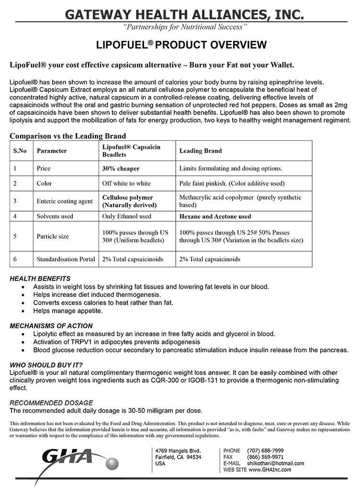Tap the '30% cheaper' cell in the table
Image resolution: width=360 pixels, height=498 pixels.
121,169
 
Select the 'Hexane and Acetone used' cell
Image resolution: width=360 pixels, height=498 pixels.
215,216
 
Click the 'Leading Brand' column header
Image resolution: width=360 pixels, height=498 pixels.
200,151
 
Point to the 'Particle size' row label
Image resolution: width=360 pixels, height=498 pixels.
53,237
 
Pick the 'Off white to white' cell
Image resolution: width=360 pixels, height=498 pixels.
126,183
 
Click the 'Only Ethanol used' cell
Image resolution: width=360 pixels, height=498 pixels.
126,216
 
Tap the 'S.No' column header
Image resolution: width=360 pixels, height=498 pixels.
20,151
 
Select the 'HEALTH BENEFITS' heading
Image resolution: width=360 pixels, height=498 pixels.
40,279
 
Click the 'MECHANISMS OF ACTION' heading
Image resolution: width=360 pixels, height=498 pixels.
51,326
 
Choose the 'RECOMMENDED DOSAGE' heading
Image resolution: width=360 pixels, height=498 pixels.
51,403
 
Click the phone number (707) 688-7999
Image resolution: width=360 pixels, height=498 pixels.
265,451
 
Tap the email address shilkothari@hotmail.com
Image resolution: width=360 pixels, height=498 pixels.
275,463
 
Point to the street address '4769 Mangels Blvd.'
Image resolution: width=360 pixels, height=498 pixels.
178,451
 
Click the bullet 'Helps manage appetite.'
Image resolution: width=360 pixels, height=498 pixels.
68,311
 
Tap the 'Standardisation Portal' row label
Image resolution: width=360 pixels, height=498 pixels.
66,259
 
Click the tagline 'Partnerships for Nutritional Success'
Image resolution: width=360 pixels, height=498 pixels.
185,26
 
